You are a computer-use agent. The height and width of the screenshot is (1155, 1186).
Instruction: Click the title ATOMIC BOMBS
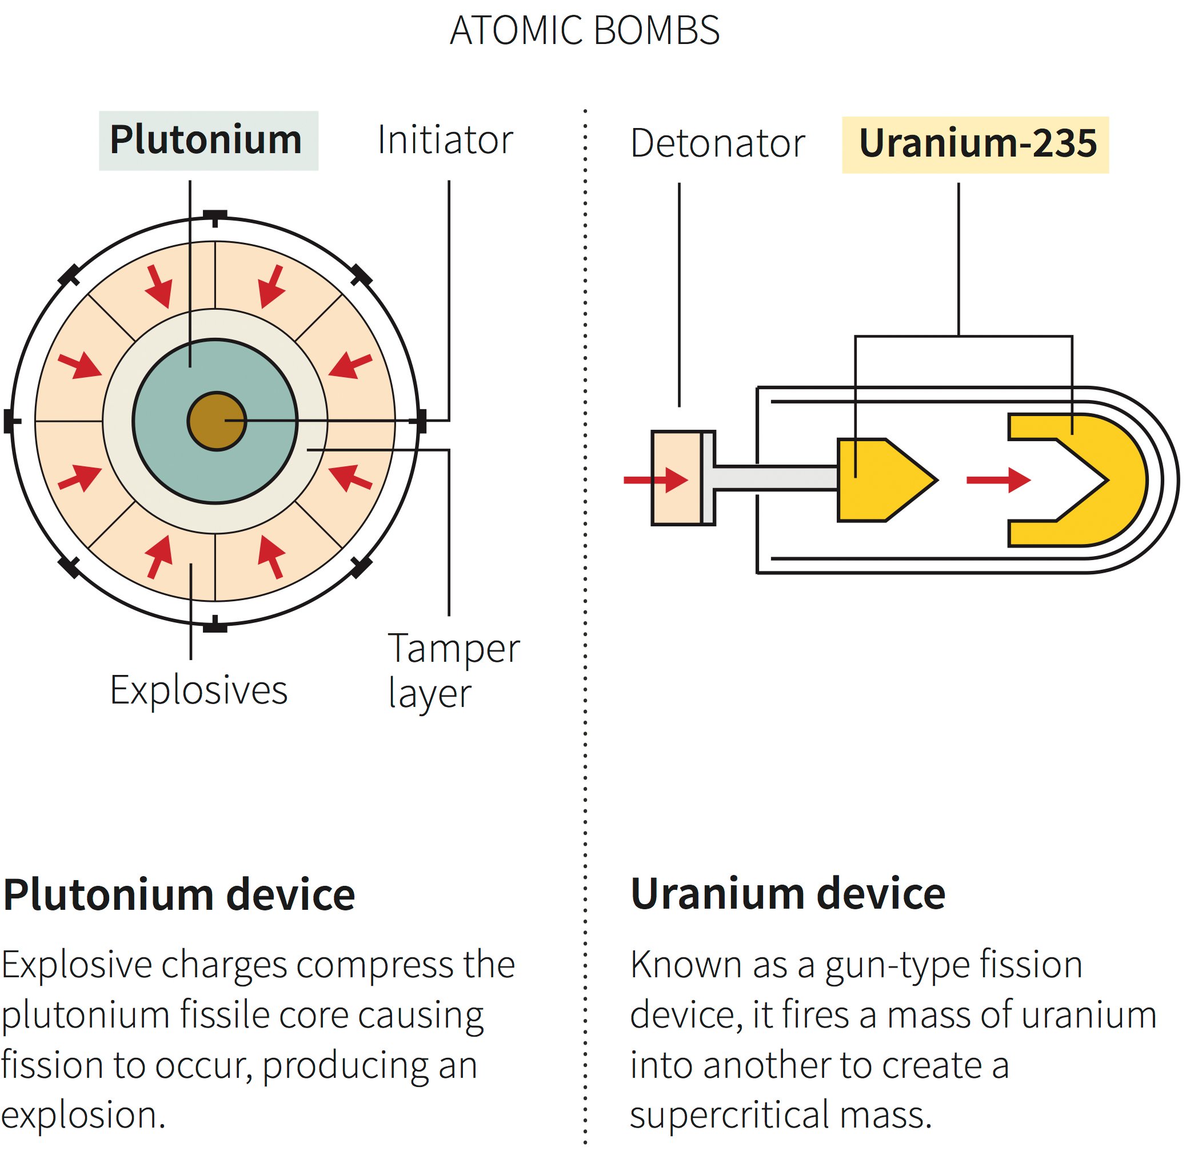point(584,30)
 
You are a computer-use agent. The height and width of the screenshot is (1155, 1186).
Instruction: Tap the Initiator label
point(445,140)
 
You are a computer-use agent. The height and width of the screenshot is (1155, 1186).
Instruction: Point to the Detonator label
point(717,144)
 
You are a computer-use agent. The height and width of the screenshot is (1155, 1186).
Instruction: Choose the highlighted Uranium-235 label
point(977,144)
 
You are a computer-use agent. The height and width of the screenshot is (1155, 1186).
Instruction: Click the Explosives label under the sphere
point(198,690)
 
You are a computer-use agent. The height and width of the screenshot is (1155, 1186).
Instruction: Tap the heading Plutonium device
point(179,895)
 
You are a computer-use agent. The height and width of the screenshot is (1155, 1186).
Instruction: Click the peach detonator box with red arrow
point(676,478)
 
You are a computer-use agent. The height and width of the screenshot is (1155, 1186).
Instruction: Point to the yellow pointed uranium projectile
point(880,480)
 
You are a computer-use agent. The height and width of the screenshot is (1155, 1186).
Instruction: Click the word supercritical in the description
point(728,1115)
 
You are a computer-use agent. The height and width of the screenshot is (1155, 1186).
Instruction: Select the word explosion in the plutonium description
point(83,1115)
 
